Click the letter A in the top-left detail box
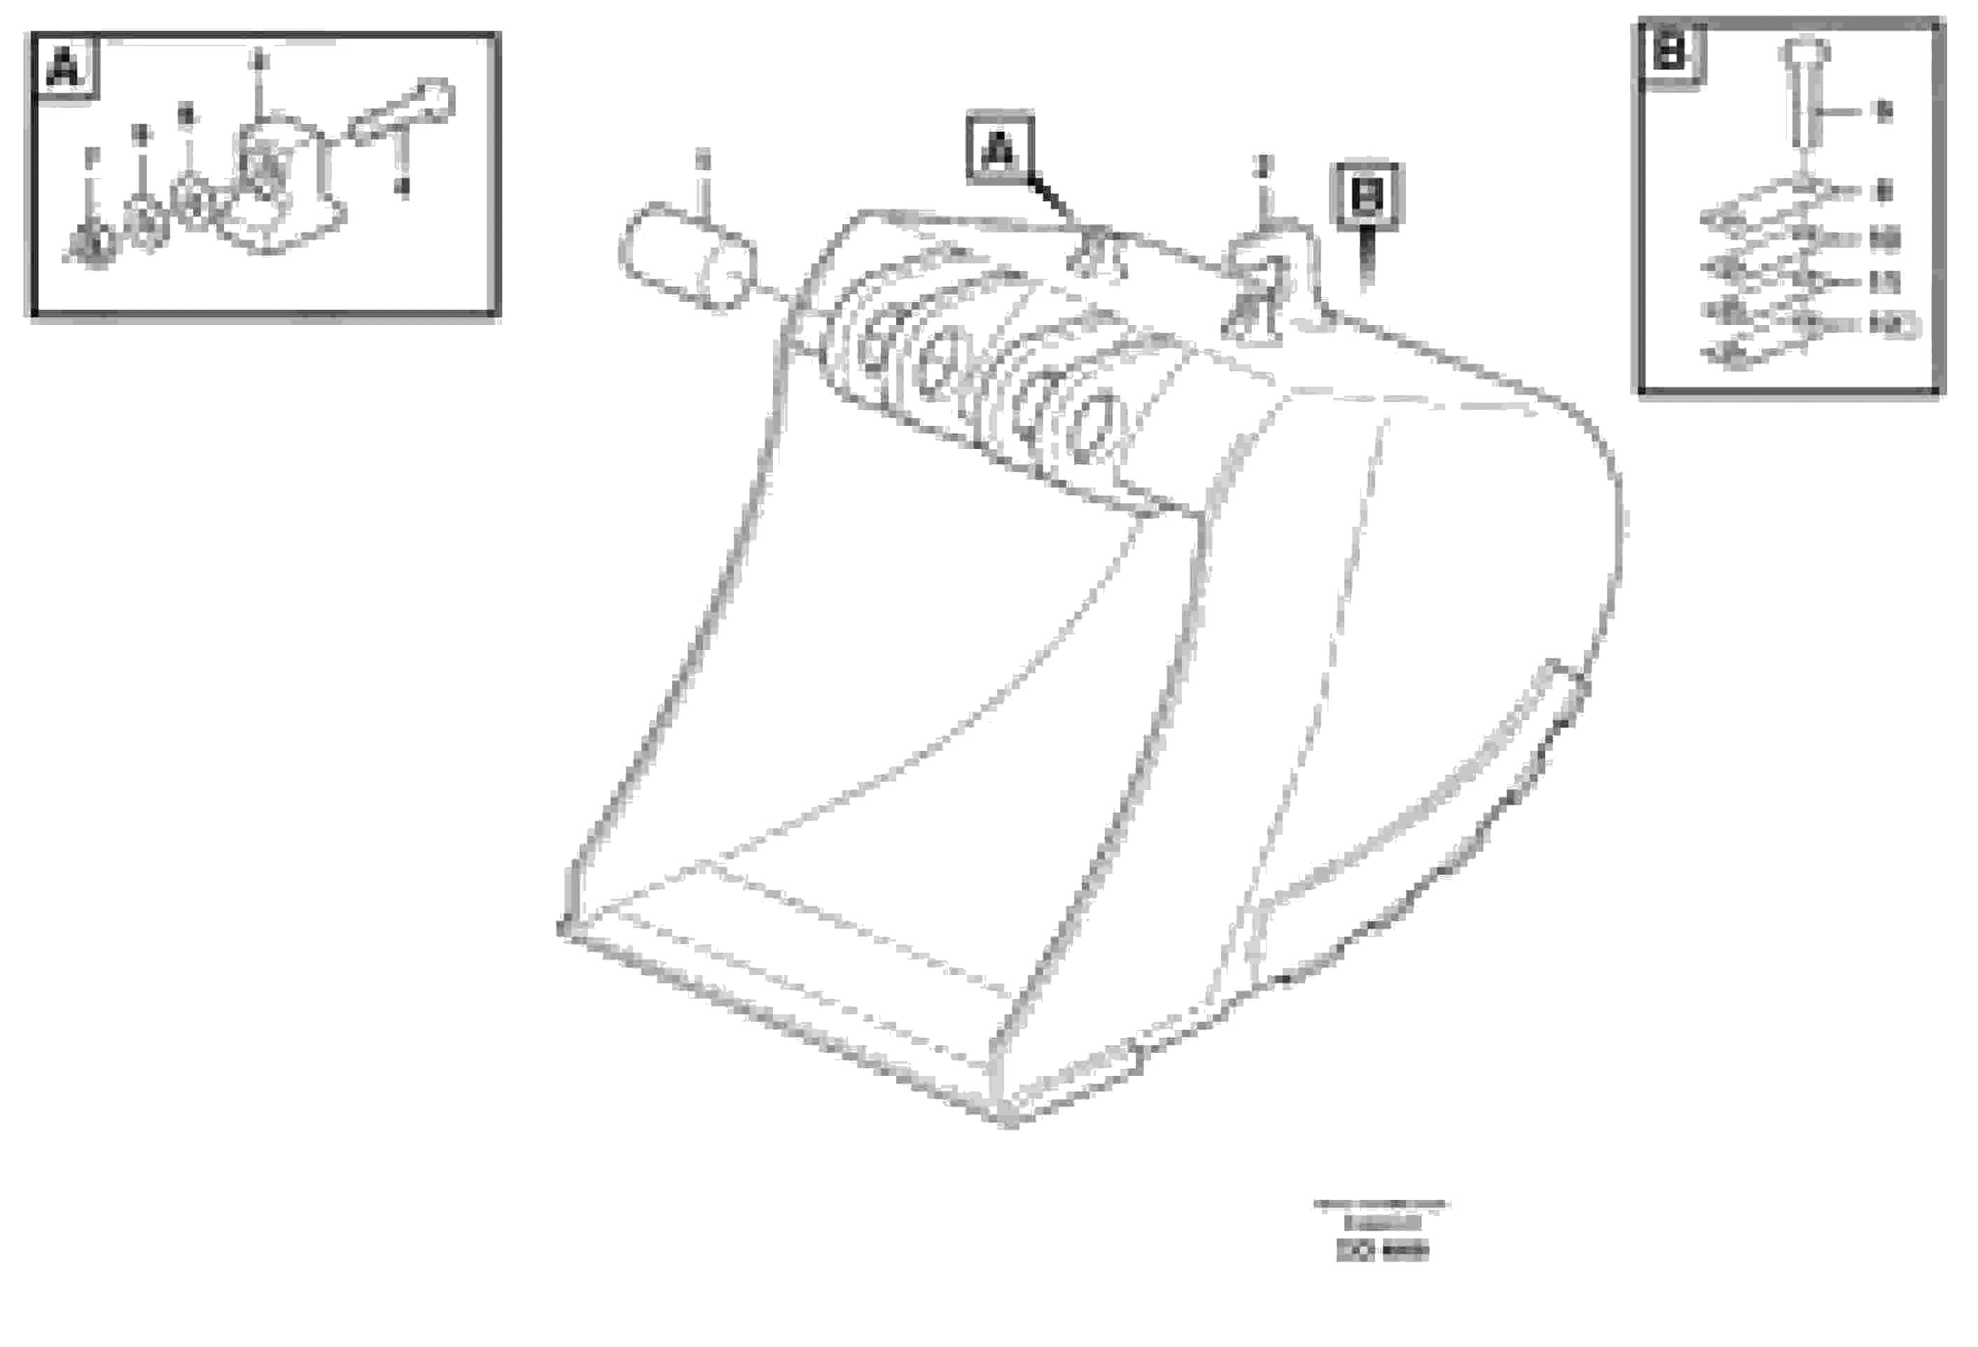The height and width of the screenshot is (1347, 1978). click(x=64, y=68)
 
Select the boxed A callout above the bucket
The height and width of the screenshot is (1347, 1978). click(x=1001, y=148)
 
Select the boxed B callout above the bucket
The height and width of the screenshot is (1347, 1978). click(x=1367, y=196)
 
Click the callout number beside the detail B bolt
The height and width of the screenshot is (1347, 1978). click(x=1884, y=111)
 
